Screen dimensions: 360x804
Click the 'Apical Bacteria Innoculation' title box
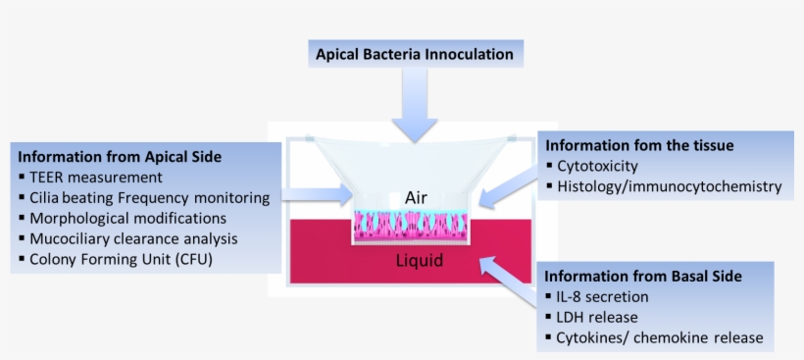(x=414, y=55)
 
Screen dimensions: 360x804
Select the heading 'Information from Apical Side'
(x=120, y=156)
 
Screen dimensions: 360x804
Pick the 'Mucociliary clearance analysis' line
(x=133, y=238)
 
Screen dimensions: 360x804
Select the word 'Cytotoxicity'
(x=597, y=166)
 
